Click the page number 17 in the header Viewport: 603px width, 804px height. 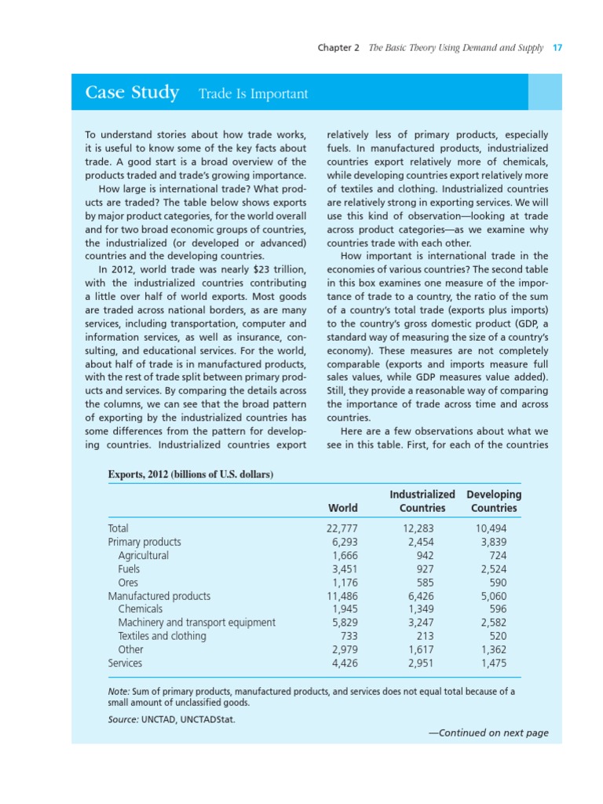click(x=557, y=48)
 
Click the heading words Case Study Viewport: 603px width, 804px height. click(x=132, y=93)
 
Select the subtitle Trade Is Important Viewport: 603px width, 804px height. click(x=253, y=94)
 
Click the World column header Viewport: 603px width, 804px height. click(x=342, y=508)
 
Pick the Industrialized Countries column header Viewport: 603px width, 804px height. click(x=422, y=501)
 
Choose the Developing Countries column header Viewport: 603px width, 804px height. click(x=494, y=501)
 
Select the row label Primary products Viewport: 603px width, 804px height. click(x=144, y=542)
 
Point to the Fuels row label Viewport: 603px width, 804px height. click(x=130, y=569)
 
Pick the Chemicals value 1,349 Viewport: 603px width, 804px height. click(x=417, y=609)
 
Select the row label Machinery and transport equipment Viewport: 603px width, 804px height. click(x=196, y=623)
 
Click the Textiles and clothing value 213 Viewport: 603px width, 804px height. click(x=424, y=636)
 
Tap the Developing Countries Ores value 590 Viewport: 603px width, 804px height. click(x=497, y=583)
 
